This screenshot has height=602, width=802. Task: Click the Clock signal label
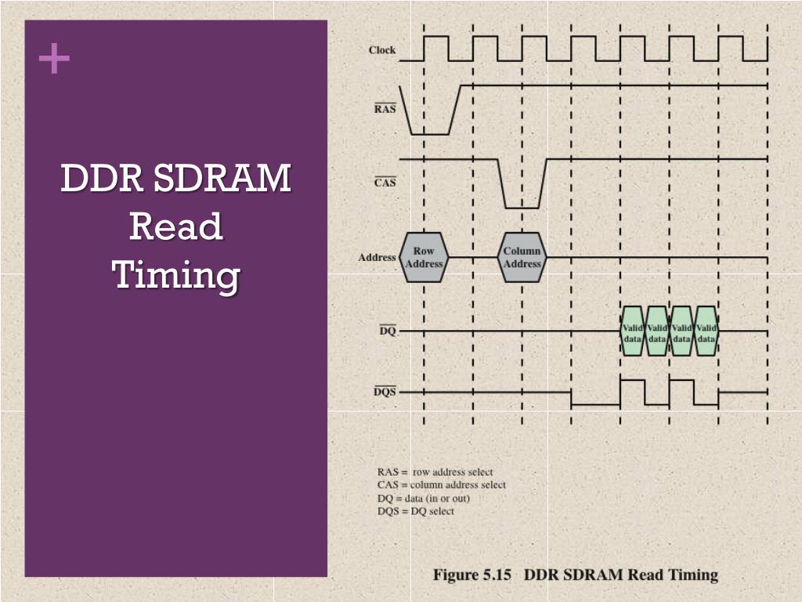pos(382,50)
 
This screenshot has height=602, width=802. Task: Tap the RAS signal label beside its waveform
pos(385,109)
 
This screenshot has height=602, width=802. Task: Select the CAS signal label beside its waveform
pos(385,183)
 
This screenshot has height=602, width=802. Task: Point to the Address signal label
pos(377,257)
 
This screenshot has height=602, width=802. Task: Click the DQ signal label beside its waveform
pos(388,332)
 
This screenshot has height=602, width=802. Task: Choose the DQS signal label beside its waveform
pos(385,391)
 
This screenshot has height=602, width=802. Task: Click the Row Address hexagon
pos(424,257)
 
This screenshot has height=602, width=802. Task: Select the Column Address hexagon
pos(522,257)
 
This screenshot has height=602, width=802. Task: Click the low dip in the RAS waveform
pos(431,132)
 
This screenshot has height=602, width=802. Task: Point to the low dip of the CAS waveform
pos(522,205)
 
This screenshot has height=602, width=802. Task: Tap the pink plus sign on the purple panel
pos(53,59)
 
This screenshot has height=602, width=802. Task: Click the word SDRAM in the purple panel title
pos(222,179)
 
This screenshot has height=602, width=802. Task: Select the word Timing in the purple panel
pos(175,275)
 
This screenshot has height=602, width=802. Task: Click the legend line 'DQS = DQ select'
pos(415,511)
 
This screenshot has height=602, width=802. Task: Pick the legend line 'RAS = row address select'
pos(435,472)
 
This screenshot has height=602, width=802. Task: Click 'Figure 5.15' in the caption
pos(471,575)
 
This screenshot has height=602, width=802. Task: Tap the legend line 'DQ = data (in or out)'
pos(423,498)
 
